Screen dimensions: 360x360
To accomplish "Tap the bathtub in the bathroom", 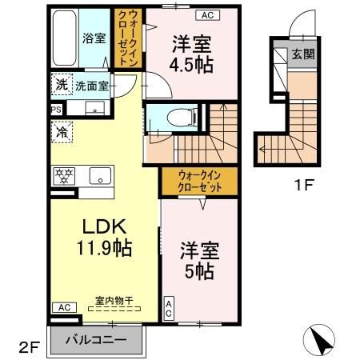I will pyautogui.click(x=65, y=39).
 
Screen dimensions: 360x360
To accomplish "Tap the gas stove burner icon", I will pyautogui.click(x=63, y=175).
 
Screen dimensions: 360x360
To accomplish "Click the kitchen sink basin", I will pyautogui.click(x=97, y=175).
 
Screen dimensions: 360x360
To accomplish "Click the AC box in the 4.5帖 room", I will pyautogui.click(x=206, y=15).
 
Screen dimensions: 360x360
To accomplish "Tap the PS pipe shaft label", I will pyautogui.click(x=55, y=110).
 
